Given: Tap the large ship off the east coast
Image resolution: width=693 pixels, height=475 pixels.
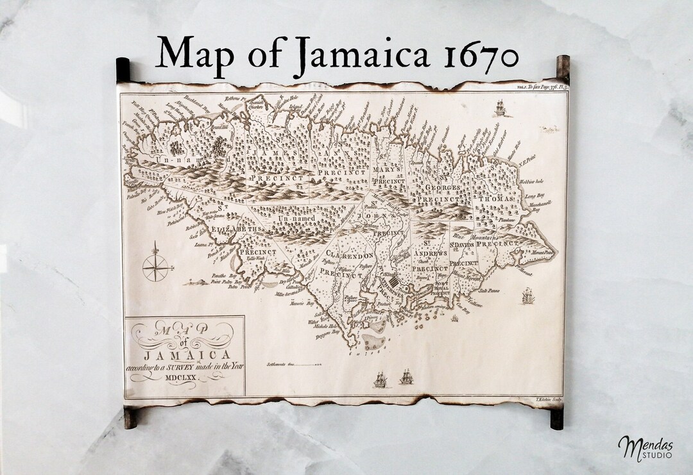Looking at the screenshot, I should tap(527, 296).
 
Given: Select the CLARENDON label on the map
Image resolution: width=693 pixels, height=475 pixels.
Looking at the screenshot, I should tap(350, 255).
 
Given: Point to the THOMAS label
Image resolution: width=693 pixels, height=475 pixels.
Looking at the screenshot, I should tap(497, 199).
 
